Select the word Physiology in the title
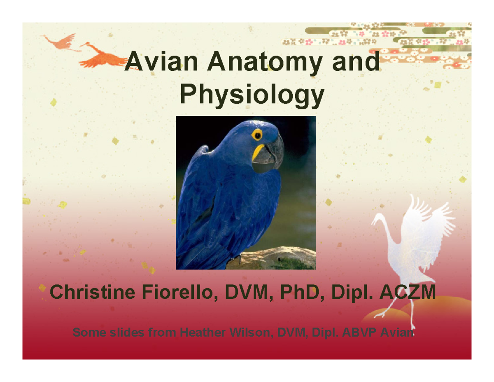pos(251,96)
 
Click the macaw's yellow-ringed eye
pos(257,135)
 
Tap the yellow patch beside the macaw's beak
pos(259,151)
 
